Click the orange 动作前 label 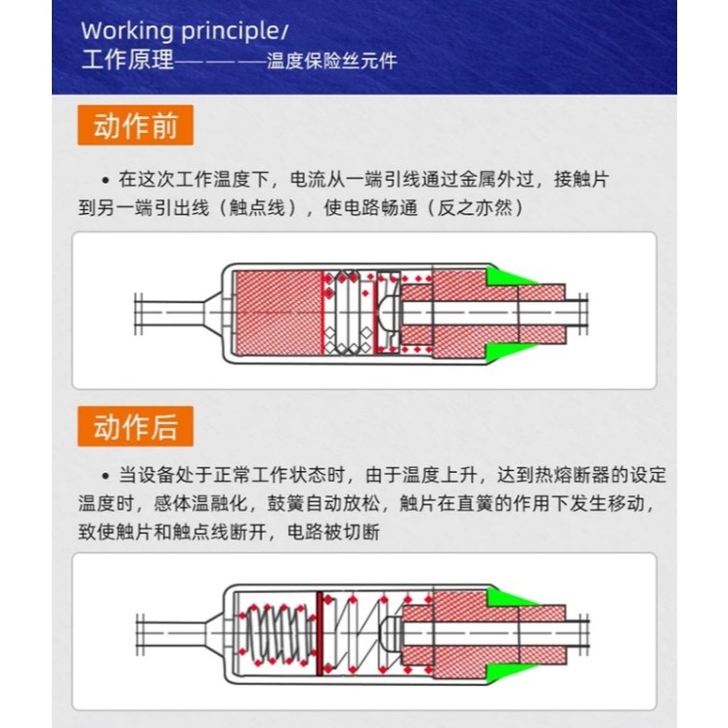135,125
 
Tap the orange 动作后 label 135,426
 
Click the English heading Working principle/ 185,31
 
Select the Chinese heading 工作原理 127,61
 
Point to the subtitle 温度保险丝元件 331,62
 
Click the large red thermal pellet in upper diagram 278,312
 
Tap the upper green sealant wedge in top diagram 508,276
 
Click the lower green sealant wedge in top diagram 508,352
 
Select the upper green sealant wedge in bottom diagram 509,597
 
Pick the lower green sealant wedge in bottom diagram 509,672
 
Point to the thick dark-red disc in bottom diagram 320,633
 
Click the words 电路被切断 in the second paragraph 333,532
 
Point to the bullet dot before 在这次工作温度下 106,180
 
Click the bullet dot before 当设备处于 106,476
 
